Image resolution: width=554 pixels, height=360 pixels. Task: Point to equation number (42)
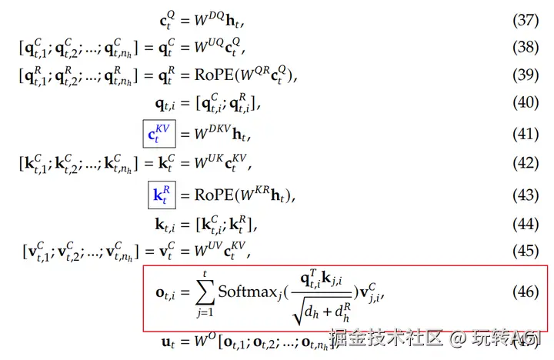click(x=526, y=163)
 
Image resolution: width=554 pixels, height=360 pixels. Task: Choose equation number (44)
click(x=526, y=225)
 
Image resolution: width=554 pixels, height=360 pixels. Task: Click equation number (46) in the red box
click(x=526, y=293)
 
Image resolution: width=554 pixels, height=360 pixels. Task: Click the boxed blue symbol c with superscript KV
click(x=159, y=134)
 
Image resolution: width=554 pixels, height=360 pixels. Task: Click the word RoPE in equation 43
click(x=209, y=194)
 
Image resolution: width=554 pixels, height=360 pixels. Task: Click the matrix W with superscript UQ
click(x=203, y=49)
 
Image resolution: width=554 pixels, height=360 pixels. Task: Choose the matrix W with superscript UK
click(x=202, y=163)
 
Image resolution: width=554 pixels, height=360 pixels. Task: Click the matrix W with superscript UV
click(x=202, y=251)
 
